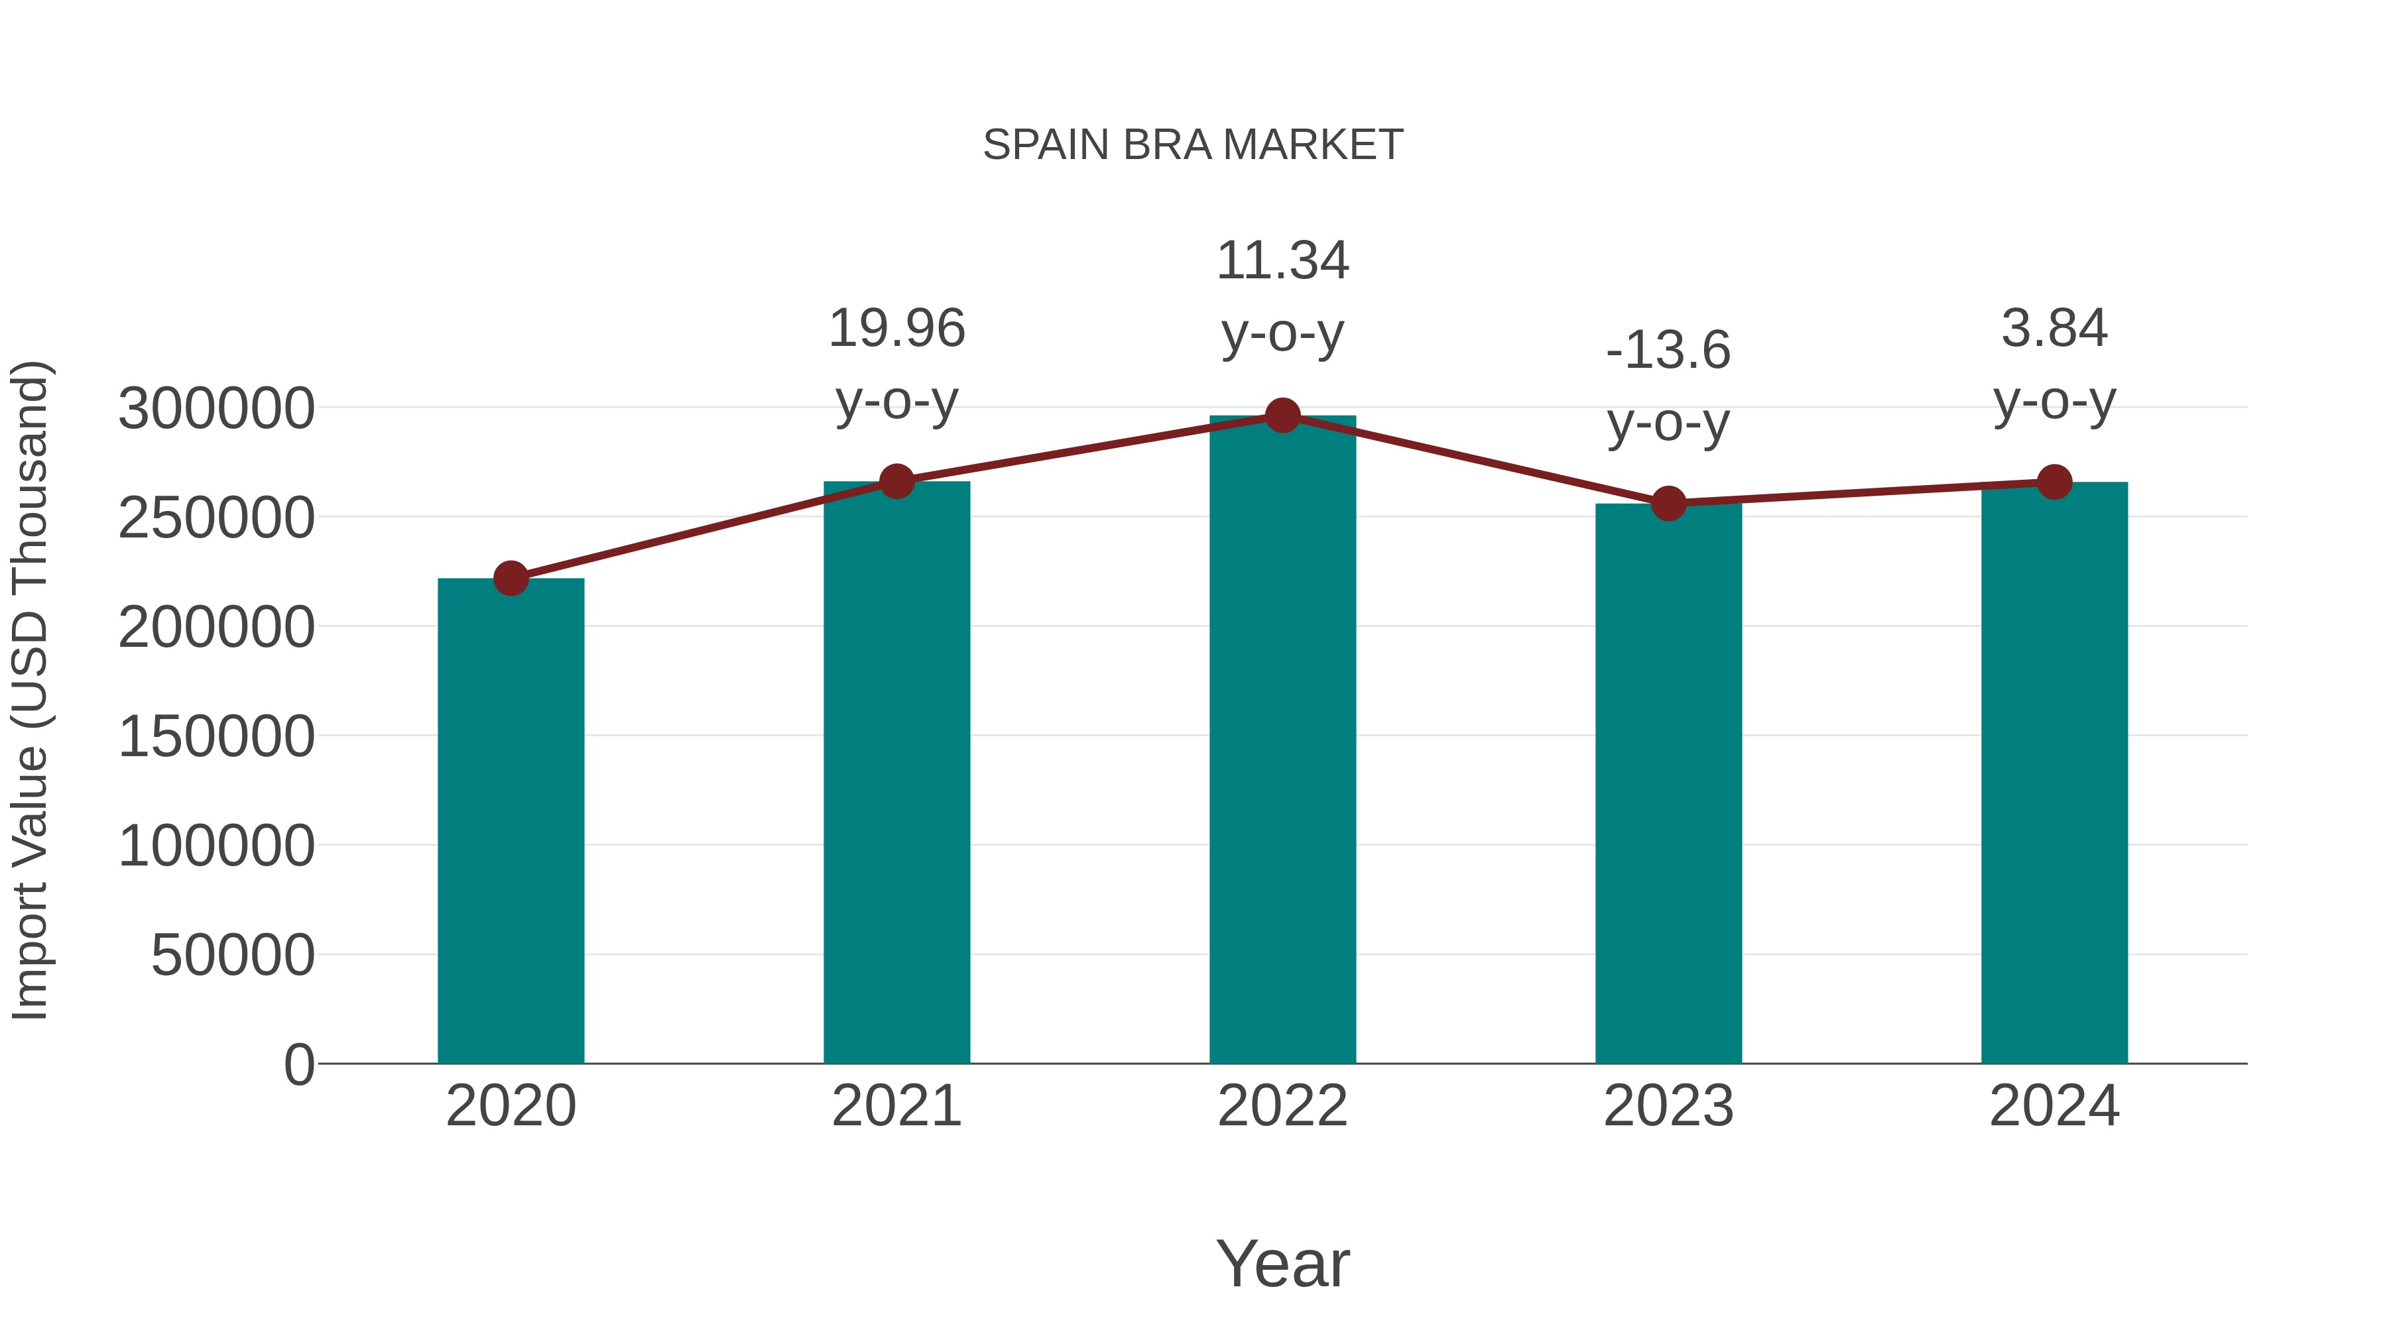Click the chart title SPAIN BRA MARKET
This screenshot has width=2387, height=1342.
[x=1193, y=145]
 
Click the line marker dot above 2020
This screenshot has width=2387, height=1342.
[x=511, y=578]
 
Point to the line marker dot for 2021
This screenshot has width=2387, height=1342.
[x=896, y=482]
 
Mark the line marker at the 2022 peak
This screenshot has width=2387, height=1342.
[x=1282, y=416]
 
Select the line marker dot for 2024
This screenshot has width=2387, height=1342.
[x=2054, y=482]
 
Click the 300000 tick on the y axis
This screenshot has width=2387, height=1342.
[x=216, y=408]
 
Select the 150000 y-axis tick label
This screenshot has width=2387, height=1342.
[x=216, y=737]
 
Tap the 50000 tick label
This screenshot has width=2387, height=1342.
[x=233, y=956]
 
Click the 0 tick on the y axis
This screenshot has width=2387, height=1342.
[x=299, y=1064]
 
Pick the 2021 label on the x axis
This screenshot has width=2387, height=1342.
[x=896, y=1106]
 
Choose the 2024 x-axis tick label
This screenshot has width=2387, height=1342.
[x=2054, y=1106]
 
